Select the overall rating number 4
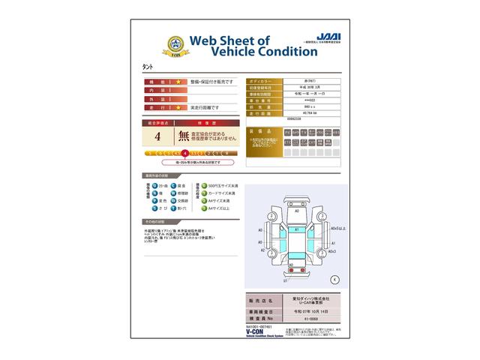(x=157, y=136)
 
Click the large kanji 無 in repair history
(x=184, y=136)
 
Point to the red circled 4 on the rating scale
(x=185, y=152)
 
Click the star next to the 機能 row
(x=178, y=80)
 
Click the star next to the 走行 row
(x=178, y=108)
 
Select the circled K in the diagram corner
(x=335, y=279)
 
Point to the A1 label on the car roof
(x=297, y=230)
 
